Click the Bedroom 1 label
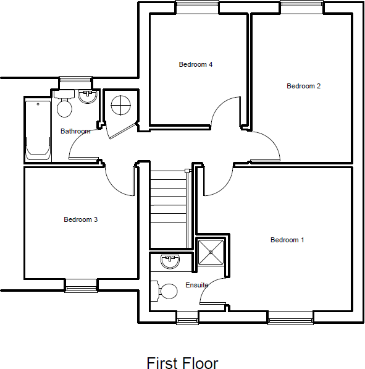tap(287, 240)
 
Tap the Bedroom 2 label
tap(303, 86)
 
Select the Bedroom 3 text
tap(81, 219)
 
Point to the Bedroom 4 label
tap(196, 64)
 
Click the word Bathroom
tap(75, 131)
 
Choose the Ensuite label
tap(197, 285)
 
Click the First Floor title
tap(182, 362)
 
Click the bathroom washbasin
tap(86, 97)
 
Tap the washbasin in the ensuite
tap(169, 262)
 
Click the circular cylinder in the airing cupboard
tap(120, 105)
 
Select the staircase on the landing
tap(169, 210)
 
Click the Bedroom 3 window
tap(82, 286)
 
